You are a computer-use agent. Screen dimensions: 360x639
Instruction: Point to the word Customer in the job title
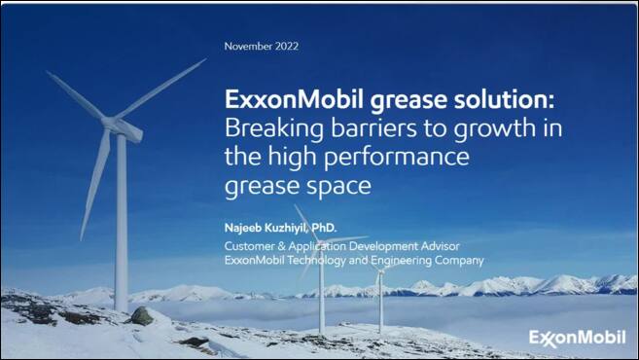tap(250, 245)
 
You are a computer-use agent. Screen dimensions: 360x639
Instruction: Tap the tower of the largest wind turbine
tap(122, 224)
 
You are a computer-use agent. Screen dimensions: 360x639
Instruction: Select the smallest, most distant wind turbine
tap(380, 292)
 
